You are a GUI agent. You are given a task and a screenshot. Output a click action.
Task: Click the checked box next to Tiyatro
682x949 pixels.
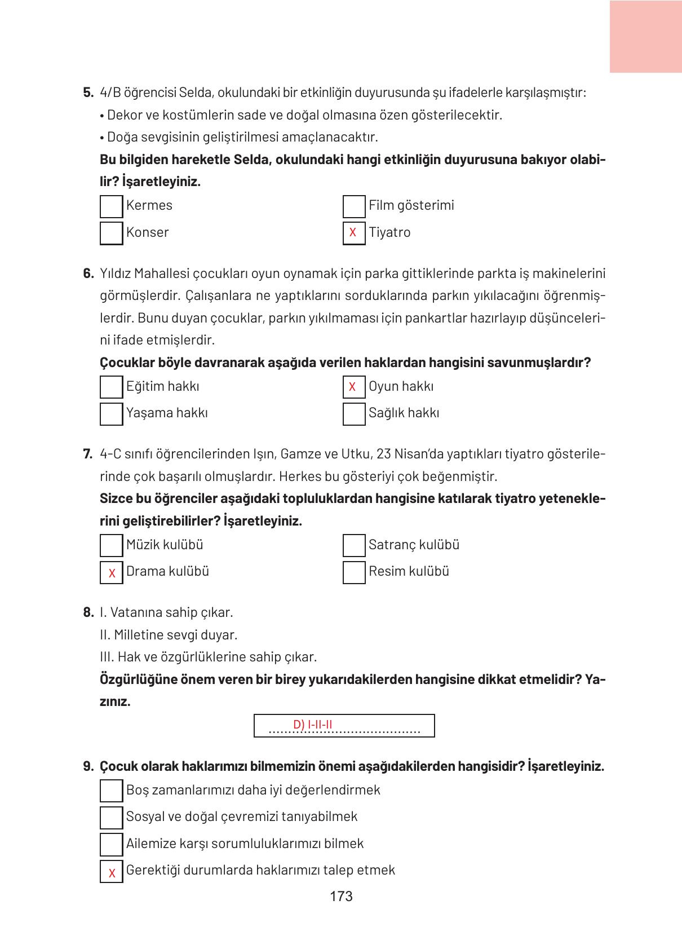pos(353,233)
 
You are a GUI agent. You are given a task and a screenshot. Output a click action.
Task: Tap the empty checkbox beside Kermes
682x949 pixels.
pos(111,206)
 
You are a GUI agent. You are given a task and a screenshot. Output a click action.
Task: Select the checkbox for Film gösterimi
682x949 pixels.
pos(353,206)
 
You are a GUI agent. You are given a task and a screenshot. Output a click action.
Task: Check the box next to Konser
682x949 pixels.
pos(111,233)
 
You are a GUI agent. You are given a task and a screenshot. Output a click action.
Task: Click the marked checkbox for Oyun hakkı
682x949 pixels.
pos(353,387)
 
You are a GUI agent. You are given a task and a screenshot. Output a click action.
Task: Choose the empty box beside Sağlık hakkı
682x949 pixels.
pos(353,413)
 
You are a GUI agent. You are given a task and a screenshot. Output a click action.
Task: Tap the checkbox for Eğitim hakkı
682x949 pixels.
pos(111,387)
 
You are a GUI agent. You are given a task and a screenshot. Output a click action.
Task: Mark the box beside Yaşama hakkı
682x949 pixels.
pos(111,413)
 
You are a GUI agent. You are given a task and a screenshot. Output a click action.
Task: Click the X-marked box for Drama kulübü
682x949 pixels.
pos(111,572)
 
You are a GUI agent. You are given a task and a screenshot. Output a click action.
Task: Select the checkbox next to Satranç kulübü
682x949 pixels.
pos(353,545)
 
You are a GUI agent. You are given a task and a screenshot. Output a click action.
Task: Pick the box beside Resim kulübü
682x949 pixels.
pos(353,572)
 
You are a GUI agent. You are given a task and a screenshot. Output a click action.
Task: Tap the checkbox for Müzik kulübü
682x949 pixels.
pos(111,545)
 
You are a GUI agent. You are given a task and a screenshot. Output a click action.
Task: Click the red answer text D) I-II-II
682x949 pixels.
pos(312,724)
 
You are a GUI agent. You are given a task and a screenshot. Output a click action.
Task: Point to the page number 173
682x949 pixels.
pos(341,896)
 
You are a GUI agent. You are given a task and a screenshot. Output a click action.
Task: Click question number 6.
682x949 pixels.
pos(88,274)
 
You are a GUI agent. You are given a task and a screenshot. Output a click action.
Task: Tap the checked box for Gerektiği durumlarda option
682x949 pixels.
pos(111,871)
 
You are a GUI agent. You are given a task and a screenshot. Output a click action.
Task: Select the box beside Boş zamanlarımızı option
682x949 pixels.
pos(111,791)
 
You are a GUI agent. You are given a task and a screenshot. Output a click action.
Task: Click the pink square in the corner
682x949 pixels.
pos(645,36)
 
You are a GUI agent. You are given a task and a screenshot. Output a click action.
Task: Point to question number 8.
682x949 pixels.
pos(88,612)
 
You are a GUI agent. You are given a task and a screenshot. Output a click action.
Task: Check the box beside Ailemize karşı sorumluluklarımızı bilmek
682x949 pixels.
pos(111,844)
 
